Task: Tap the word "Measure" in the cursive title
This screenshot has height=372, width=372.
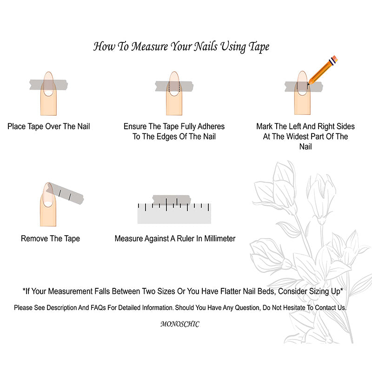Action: tap(149, 46)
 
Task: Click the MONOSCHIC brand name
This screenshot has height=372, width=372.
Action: tap(180, 324)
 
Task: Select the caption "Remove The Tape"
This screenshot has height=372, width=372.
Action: tap(50, 239)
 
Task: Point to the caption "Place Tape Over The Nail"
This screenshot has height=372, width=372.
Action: tap(49, 126)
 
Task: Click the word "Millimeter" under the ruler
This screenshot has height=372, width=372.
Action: tap(220, 239)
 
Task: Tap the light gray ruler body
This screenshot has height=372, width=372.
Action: tap(174, 213)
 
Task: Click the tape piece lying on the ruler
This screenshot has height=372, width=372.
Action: tap(172, 200)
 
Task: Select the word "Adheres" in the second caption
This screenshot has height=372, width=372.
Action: tap(211, 126)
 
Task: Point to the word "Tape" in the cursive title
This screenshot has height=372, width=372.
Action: tap(259, 46)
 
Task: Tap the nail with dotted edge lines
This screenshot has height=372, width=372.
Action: tap(174, 84)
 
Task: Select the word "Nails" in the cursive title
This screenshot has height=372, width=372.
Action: tap(206, 46)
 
